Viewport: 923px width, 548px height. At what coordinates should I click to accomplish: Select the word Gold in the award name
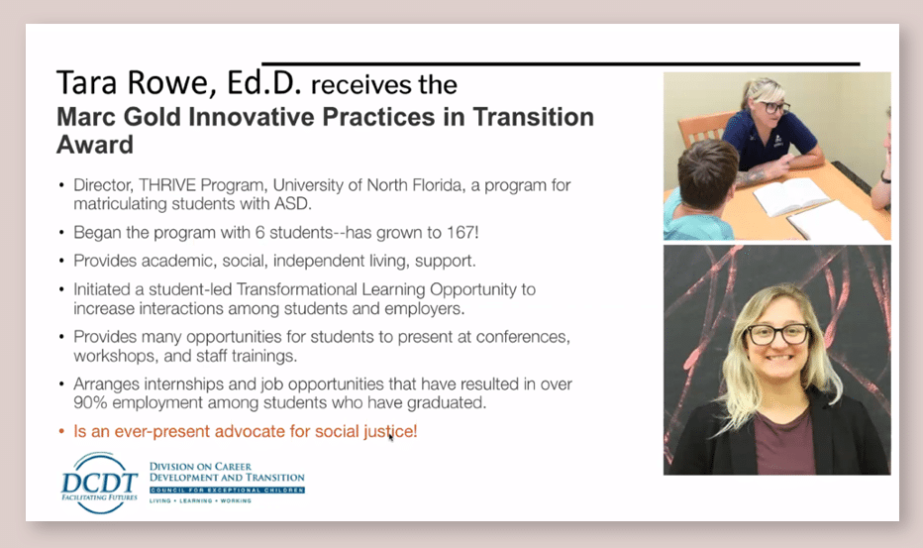point(152,117)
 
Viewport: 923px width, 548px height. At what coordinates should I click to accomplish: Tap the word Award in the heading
point(95,145)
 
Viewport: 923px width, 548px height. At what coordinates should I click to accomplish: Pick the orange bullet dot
point(61,432)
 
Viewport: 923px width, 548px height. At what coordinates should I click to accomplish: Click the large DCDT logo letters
point(99,484)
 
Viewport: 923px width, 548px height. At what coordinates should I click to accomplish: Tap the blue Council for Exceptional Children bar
point(227,491)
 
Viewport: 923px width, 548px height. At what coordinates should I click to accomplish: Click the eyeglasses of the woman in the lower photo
point(778,334)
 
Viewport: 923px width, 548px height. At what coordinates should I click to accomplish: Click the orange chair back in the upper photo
point(702,131)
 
